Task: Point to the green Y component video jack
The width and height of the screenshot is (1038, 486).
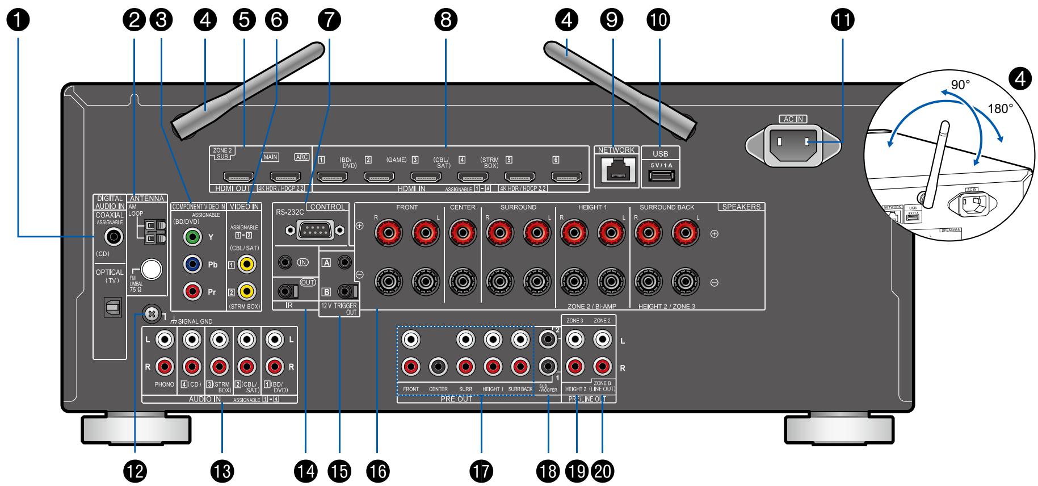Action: (193, 237)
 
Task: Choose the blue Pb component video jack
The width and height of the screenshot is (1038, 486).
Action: (193, 264)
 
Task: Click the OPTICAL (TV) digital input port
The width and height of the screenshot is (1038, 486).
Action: (110, 307)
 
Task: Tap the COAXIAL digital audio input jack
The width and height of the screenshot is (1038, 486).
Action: (110, 233)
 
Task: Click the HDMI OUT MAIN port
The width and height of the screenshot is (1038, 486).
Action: (285, 177)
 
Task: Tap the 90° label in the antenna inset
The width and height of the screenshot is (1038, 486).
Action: (960, 85)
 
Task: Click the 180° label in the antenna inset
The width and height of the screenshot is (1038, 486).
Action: (1001, 108)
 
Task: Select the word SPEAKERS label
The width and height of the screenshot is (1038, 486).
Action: (741, 207)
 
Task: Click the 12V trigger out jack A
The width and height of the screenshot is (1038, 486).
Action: (344, 262)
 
